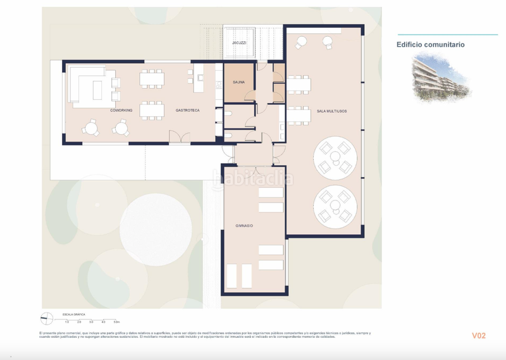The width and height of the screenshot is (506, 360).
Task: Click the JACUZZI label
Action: coord(239,43)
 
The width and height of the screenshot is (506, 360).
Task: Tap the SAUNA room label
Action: coord(239,82)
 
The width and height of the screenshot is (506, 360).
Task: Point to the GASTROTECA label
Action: coord(188,111)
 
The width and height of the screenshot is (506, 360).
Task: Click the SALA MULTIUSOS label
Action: coord(331,111)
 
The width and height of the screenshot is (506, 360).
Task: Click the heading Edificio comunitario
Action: coord(430,45)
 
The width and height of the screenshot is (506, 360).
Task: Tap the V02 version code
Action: coord(478,335)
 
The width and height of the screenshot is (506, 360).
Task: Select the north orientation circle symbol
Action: coord(46,318)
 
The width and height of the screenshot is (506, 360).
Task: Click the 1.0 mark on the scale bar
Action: coord(67,323)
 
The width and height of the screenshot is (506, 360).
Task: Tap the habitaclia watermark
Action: coord(253,179)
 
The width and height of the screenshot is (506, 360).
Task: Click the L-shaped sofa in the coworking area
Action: coord(85,85)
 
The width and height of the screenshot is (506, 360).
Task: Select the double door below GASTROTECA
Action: coord(179,138)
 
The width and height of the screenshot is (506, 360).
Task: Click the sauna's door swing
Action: coord(250,97)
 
